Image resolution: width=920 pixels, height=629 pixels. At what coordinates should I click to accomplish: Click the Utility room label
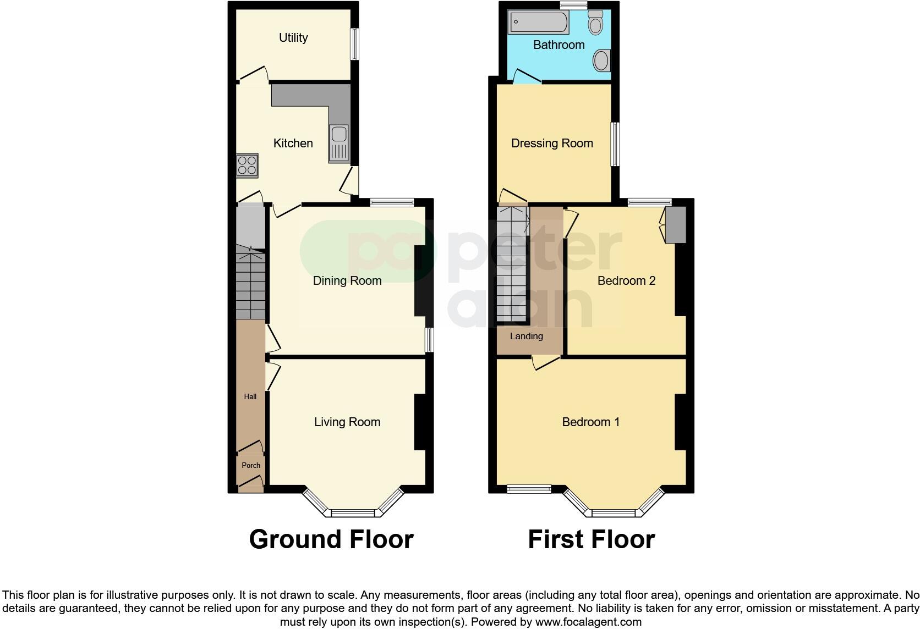[x=293, y=38]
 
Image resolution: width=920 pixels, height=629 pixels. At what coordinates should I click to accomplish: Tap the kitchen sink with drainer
[x=338, y=144]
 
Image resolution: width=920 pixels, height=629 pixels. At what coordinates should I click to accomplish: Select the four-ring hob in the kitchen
[x=247, y=165]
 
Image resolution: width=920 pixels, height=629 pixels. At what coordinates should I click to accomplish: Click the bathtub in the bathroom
[x=538, y=23]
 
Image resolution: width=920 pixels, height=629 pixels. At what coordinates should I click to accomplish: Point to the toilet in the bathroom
[x=595, y=23]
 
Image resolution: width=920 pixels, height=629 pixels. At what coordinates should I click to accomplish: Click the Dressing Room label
[x=552, y=144]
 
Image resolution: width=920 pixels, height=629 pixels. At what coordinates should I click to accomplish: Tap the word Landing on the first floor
[x=526, y=336]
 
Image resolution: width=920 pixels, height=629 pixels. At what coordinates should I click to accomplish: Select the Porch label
[x=251, y=465]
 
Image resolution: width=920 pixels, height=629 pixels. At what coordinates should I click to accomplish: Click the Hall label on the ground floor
[x=250, y=396]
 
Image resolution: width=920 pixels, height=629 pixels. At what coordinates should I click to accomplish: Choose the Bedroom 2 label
[x=626, y=281]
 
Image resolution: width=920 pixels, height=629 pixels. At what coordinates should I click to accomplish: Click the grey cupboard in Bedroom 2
[x=676, y=225]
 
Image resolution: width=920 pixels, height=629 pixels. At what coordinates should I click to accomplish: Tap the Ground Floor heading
[x=331, y=539]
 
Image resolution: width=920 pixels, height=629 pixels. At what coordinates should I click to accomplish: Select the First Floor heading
[x=591, y=539]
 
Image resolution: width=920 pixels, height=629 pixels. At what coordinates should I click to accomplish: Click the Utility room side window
[x=355, y=44]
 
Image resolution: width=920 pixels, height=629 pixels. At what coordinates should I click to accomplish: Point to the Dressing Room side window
[x=616, y=144]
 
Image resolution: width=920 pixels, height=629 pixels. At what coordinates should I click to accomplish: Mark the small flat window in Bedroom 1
[x=529, y=488]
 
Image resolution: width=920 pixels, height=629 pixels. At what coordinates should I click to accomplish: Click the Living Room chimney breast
[x=420, y=422]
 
